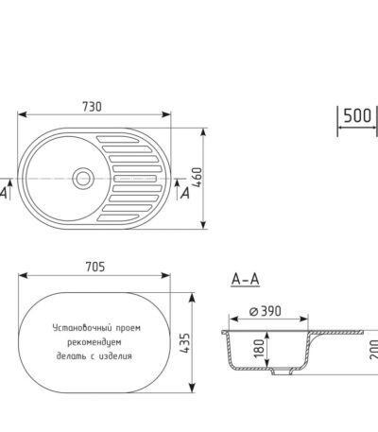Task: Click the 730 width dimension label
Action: (93, 107)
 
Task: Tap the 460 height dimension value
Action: (198, 177)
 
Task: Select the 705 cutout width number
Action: (95, 267)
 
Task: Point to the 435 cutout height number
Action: (185, 343)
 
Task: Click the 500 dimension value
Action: (357, 115)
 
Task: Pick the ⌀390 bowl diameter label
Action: (266, 311)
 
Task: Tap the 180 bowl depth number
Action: (259, 349)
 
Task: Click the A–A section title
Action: (246, 279)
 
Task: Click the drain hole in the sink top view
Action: (83, 179)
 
